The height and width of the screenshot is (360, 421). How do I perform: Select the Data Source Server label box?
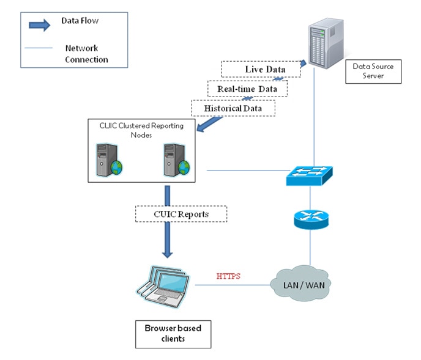(x=373, y=71)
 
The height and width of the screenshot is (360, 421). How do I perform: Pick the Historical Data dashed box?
(x=233, y=108)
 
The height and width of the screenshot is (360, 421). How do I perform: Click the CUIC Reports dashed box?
(x=181, y=214)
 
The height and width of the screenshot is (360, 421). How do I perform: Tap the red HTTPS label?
(x=229, y=276)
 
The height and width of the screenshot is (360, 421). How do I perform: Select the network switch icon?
(x=310, y=174)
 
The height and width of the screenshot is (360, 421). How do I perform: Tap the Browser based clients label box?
(x=173, y=333)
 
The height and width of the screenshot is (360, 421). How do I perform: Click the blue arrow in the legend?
(x=39, y=25)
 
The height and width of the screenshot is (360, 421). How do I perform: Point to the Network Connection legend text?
(x=86, y=54)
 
